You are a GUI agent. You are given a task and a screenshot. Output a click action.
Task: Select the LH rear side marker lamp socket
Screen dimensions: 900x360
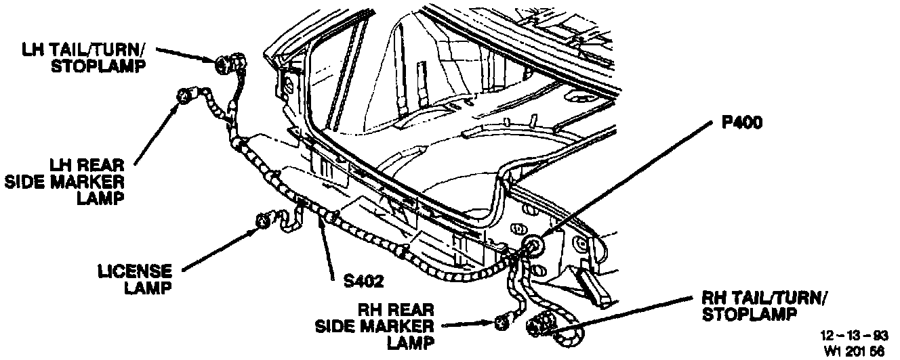tap(184, 95)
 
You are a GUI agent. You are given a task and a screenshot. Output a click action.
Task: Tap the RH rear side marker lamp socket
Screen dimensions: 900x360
tap(502, 323)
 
